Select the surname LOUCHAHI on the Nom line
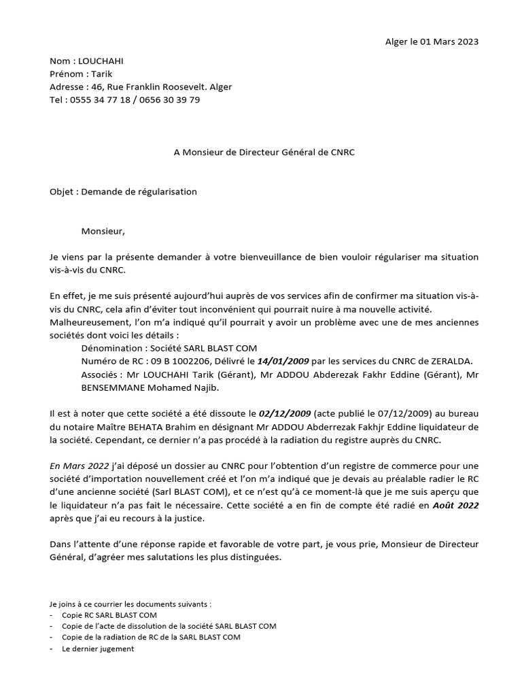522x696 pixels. (x=101, y=61)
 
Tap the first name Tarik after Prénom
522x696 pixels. (x=101, y=74)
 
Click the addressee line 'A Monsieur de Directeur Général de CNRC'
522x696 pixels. (x=264, y=152)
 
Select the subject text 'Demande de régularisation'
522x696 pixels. (x=139, y=192)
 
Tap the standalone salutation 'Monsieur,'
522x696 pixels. (x=103, y=231)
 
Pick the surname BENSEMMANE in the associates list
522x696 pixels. (x=111, y=387)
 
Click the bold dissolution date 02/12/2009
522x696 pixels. (x=285, y=413)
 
